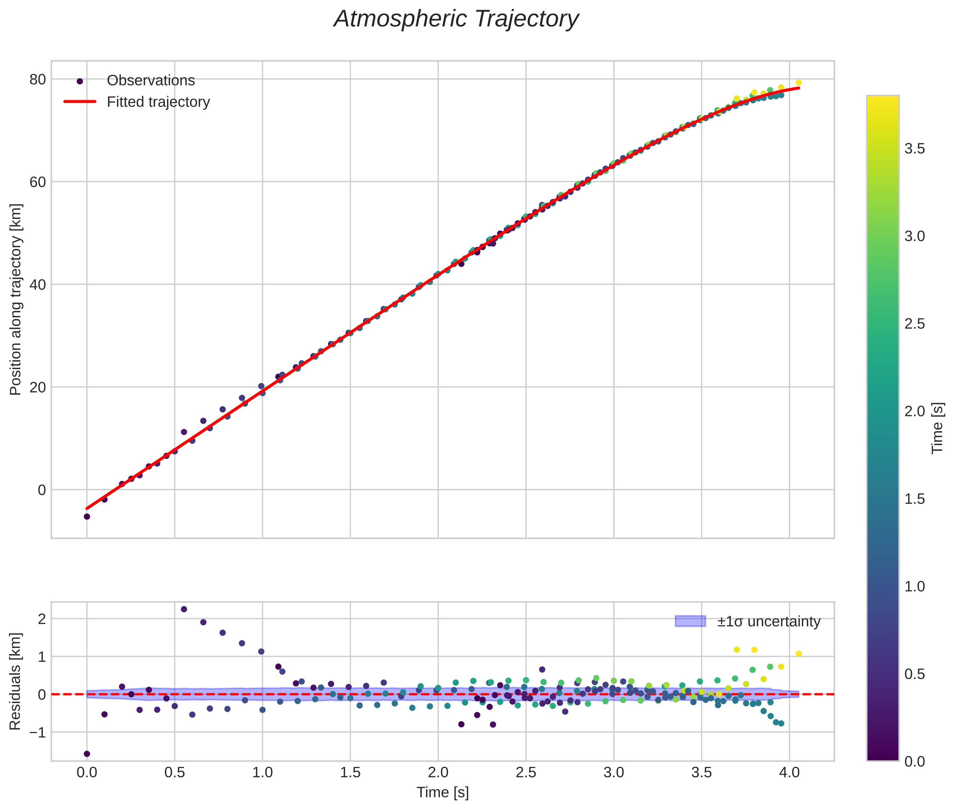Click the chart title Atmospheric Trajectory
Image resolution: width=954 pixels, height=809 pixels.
[x=456, y=19]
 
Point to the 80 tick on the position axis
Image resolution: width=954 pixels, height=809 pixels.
[x=37, y=79]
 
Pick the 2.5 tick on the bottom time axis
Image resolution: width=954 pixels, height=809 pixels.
[x=526, y=773]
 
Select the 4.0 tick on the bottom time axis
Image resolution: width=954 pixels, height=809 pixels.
[x=789, y=773]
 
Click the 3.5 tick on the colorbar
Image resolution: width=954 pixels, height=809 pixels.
[x=914, y=149]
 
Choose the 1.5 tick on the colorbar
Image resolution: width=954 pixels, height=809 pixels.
[x=914, y=499]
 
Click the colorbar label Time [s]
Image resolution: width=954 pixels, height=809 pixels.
[x=937, y=428]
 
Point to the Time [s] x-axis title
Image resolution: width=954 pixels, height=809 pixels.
[x=442, y=792]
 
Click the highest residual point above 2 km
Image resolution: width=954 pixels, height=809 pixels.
[x=184, y=609]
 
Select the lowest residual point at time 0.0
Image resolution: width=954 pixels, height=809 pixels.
[x=87, y=754]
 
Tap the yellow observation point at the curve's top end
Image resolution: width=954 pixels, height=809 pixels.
[x=798, y=82]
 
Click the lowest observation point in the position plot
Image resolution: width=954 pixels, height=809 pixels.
[x=87, y=517]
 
